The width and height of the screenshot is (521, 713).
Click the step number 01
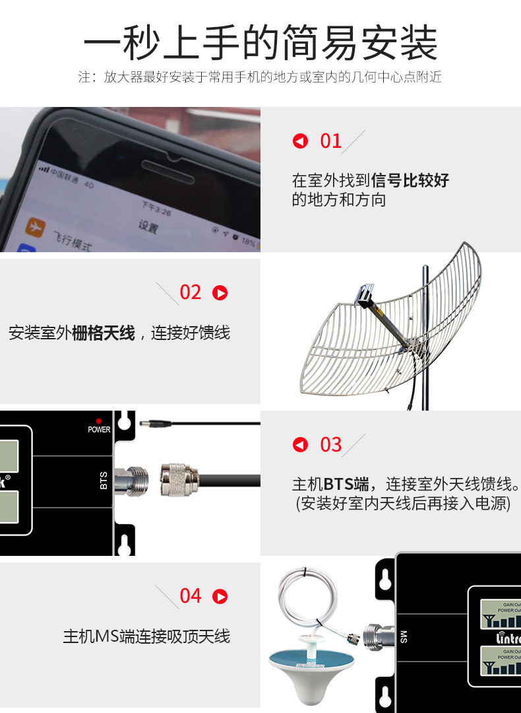pyautogui.click(x=330, y=141)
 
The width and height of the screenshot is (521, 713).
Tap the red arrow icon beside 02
pyautogui.click(x=220, y=292)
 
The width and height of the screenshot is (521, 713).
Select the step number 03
pyautogui.click(x=330, y=444)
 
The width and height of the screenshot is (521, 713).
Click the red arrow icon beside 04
pyautogui.click(x=220, y=596)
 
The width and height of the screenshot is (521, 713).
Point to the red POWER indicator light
pyautogui.click(x=99, y=421)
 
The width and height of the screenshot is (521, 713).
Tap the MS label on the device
pyautogui.click(x=404, y=637)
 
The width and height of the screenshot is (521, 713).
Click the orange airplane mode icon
pyautogui.click(x=35, y=227)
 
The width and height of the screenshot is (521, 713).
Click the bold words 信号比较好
pyautogui.click(x=410, y=180)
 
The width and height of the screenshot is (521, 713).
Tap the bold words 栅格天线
pyautogui.click(x=103, y=333)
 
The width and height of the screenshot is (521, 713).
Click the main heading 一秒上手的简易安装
pyautogui.click(x=260, y=43)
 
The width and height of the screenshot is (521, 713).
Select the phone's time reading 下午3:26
pyautogui.click(x=156, y=209)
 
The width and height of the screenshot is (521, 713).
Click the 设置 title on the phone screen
pyautogui.click(x=148, y=226)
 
